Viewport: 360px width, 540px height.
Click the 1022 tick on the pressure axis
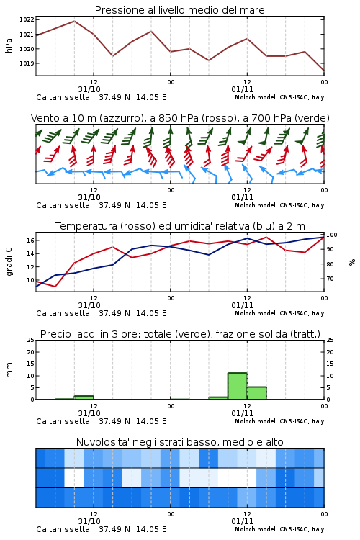[x=27, y=19]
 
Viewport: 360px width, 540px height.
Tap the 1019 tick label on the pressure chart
[x=27, y=63]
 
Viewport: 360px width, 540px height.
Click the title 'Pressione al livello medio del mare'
[x=180, y=10]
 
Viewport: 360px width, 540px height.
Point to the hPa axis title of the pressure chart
[x=9, y=45]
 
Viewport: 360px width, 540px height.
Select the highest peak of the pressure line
[x=74, y=21]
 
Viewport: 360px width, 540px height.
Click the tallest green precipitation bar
[x=238, y=386]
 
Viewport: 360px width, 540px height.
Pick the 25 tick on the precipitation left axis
[x=31, y=340]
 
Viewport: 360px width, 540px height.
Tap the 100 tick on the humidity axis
[x=332, y=235]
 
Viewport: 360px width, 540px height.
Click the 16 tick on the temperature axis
[x=30, y=240]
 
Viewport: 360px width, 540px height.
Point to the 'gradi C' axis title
[x=9, y=262]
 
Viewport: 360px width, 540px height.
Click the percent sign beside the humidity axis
[x=352, y=262]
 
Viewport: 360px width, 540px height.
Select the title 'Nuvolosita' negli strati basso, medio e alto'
[x=180, y=442]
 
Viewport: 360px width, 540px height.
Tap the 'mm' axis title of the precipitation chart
[x=9, y=370]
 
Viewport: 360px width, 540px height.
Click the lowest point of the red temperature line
[x=55, y=286]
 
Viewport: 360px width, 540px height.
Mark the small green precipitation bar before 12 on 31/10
[x=84, y=397]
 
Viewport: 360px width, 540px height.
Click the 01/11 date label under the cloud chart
[x=243, y=521]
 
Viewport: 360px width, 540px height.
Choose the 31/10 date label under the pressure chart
[x=89, y=89]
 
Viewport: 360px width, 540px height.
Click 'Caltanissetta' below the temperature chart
[x=63, y=313]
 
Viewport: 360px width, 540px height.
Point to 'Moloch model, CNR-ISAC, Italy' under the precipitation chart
[x=279, y=421]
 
